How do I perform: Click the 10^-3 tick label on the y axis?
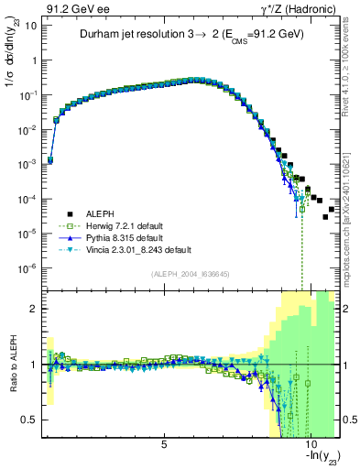coord(27,165)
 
